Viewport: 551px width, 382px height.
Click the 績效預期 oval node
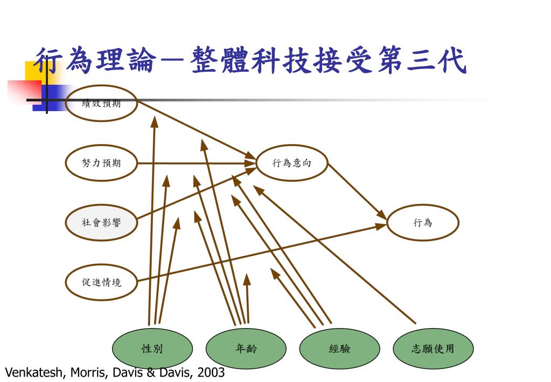[x=102, y=104]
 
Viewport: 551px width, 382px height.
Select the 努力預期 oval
[x=102, y=163]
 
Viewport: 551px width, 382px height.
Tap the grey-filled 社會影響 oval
[x=102, y=222]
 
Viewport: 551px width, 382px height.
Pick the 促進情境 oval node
[x=102, y=282]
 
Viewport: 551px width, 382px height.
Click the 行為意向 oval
[x=292, y=163]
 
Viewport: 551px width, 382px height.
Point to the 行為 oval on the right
[x=423, y=222]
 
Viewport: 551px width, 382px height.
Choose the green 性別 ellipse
[x=152, y=349]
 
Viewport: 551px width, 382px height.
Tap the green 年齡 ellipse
[x=246, y=349]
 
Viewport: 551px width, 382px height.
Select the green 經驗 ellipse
[x=340, y=349]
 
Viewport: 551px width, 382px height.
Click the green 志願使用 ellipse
[x=434, y=349]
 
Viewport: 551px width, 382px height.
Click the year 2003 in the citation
[x=211, y=372]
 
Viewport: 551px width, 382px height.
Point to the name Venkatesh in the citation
[x=32, y=372]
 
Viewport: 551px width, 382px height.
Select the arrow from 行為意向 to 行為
[x=357, y=192]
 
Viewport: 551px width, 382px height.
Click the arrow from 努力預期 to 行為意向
[x=197, y=163]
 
